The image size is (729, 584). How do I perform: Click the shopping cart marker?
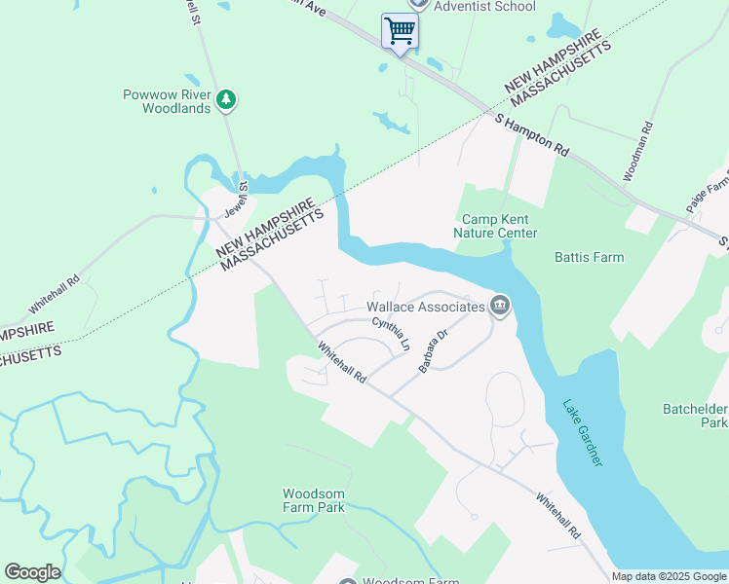[400, 31]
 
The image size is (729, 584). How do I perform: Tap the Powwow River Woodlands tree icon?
[226, 99]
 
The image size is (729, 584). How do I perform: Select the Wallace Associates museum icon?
[500, 307]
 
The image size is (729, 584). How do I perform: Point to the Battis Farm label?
[589, 257]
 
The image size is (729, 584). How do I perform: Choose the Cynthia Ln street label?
[391, 335]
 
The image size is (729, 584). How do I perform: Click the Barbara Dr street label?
[433, 351]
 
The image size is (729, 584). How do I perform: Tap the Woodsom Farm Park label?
[314, 500]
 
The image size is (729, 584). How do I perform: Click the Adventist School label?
[484, 6]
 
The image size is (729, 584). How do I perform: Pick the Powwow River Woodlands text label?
[167, 101]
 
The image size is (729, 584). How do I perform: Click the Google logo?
[32, 572]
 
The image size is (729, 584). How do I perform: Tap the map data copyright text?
[670, 576]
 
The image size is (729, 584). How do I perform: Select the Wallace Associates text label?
[425, 307]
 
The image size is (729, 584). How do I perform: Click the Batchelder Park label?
[699, 416]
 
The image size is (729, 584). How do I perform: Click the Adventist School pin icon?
[417, 4]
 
